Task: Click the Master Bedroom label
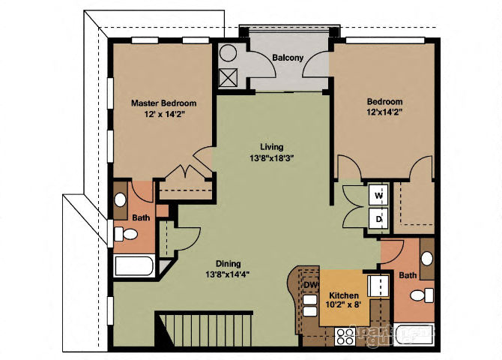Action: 163,103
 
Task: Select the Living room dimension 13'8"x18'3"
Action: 271,159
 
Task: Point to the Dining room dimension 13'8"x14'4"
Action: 228,274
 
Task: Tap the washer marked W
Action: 379,196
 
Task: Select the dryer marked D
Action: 379,218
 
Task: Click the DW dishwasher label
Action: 309,285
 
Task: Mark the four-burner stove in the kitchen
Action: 346,336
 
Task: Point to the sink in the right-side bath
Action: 426,259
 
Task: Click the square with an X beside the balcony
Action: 229,76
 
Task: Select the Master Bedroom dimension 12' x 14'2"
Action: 163,115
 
